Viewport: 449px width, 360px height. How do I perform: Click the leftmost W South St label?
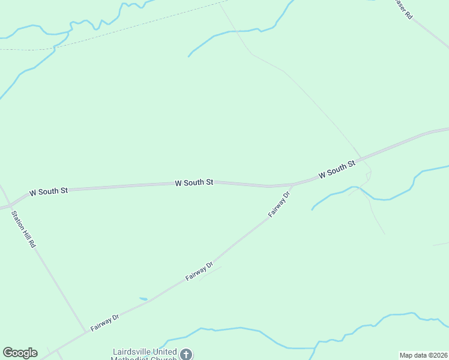click(49, 191)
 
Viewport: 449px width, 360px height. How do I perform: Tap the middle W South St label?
click(194, 182)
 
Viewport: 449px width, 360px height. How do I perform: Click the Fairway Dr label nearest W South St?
click(279, 204)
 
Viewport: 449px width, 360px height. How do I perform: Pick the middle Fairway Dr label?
click(200, 271)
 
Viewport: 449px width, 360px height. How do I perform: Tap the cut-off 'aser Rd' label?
click(403, 9)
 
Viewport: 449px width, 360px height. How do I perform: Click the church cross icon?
click(186, 354)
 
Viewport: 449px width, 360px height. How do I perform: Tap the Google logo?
click(20, 353)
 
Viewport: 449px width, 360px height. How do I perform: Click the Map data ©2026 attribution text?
click(423, 355)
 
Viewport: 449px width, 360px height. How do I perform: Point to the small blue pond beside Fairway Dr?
click(143, 298)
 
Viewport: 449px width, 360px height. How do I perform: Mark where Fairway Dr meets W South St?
click(293, 184)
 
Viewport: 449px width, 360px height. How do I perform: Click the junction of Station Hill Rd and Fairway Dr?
click(85, 332)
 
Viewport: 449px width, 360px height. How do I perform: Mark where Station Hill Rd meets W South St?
click(8, 206)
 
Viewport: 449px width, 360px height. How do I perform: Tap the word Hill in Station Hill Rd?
click(25, 230)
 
